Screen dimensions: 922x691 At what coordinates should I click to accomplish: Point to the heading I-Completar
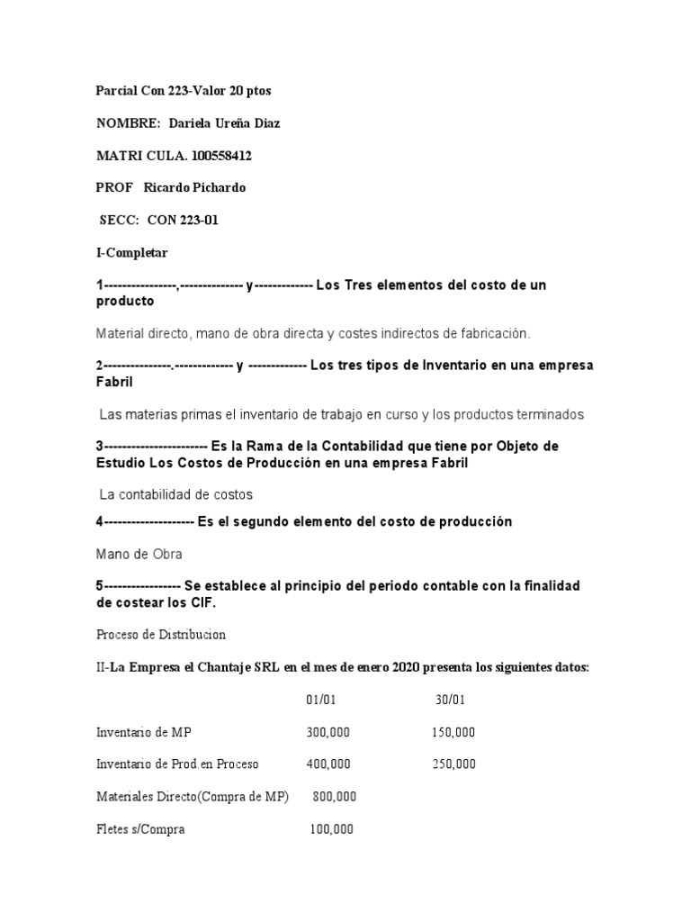[132, 252]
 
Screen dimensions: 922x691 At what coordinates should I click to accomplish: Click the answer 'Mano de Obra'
[139, 555]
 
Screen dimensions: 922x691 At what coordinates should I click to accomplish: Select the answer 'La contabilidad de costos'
[176, 494]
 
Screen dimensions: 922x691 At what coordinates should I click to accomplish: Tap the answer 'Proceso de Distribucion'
[161, 633]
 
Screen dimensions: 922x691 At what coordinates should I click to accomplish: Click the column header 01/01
[320, 699]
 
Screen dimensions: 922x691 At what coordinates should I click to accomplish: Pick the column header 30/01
[449, 699]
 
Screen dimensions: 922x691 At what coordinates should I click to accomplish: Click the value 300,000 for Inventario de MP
[328, 732]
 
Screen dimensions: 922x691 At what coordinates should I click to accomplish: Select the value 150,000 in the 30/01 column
[453, 732]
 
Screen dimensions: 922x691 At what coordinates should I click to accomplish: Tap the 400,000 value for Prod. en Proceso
[328, 764]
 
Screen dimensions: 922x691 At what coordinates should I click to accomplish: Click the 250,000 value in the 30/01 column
[453, 764]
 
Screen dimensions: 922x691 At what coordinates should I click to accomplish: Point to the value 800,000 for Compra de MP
[334, 797]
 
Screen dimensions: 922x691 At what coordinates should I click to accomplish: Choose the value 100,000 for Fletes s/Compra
[331, 829]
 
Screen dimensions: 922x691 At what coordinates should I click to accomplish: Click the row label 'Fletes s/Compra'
[140, 829]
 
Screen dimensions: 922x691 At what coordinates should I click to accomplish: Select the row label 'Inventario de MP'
[143, 732]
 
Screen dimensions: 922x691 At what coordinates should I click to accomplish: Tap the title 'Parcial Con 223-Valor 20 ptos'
[184, 91]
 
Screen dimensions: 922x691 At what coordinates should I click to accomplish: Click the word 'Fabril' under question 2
[114, 382]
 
